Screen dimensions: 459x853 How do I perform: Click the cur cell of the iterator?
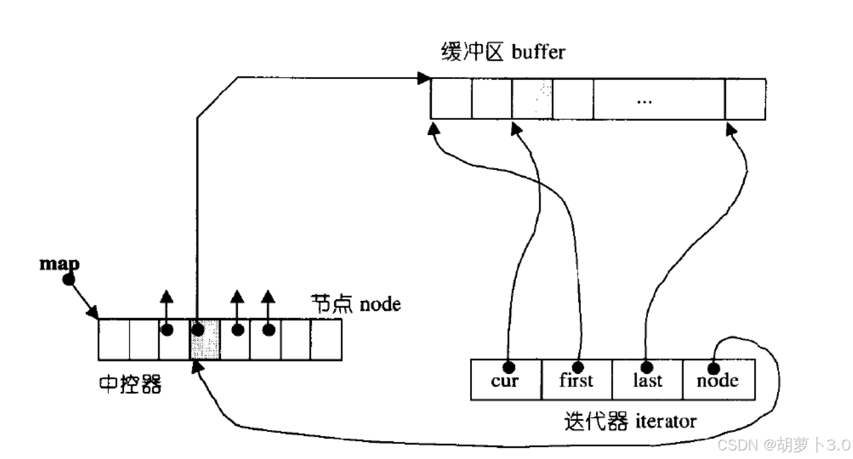pos(506,379)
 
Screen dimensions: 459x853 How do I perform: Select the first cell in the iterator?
pos(577,379)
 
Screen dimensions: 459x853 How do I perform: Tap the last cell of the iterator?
pos(647,379)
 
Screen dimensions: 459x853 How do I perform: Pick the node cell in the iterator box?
pos(718,379)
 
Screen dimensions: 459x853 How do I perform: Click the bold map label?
pos(60,263)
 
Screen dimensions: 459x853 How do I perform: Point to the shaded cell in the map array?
pos(205,340)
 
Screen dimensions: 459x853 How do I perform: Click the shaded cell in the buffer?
pos(533,99)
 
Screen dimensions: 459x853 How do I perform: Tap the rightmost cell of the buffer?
pos(745,99)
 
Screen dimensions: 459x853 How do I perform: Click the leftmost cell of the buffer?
pos(452,99)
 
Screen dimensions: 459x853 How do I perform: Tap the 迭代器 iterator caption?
pos(630,420)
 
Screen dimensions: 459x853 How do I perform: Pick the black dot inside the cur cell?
pos(508,365)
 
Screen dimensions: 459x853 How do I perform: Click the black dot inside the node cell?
pos(713,367)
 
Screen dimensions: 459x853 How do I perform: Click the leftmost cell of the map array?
pos(114,340)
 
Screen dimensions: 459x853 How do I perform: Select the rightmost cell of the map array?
pos(326,340)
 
